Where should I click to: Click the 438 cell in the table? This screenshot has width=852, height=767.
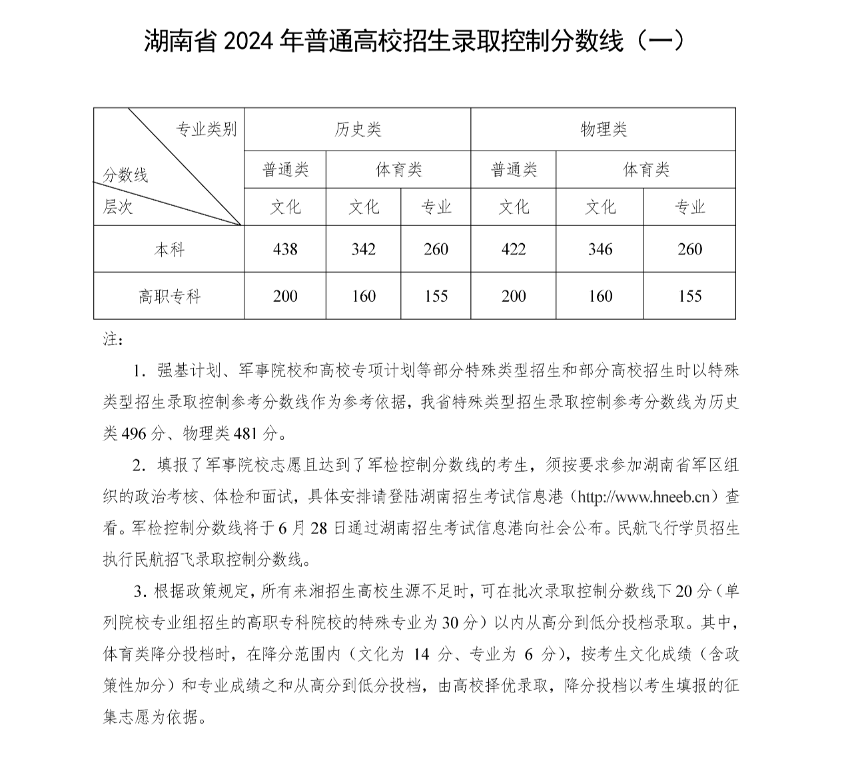(x=285, y=249)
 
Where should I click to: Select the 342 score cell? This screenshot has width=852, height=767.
(x=363, y=249)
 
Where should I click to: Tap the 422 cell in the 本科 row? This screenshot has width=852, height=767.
(x=513, y=249)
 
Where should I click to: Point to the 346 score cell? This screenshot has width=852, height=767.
(x=600, y=249)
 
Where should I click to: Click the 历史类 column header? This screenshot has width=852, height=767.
(x=358, y=129)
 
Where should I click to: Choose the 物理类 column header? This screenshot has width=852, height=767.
(x=604, y=129)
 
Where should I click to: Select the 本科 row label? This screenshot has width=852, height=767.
(x=169, y=250)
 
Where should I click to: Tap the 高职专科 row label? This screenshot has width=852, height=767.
(x=169, y=297)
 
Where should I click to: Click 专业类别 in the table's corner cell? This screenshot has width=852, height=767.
(x=206, y=129)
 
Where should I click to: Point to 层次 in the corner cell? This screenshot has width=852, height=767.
(x=118, y=207)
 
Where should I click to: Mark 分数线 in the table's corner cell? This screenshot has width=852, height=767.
(x=125, y=175)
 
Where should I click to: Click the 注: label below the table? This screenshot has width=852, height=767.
(x=113, y=340)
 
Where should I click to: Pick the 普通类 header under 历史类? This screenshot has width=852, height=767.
(x=285, y=170)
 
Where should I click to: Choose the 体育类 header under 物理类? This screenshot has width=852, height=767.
(x=645, y=170)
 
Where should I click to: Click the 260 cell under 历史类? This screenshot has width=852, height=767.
(x=436, y=249)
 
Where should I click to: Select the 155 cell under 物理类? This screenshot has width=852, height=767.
(x=689, y=297)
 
